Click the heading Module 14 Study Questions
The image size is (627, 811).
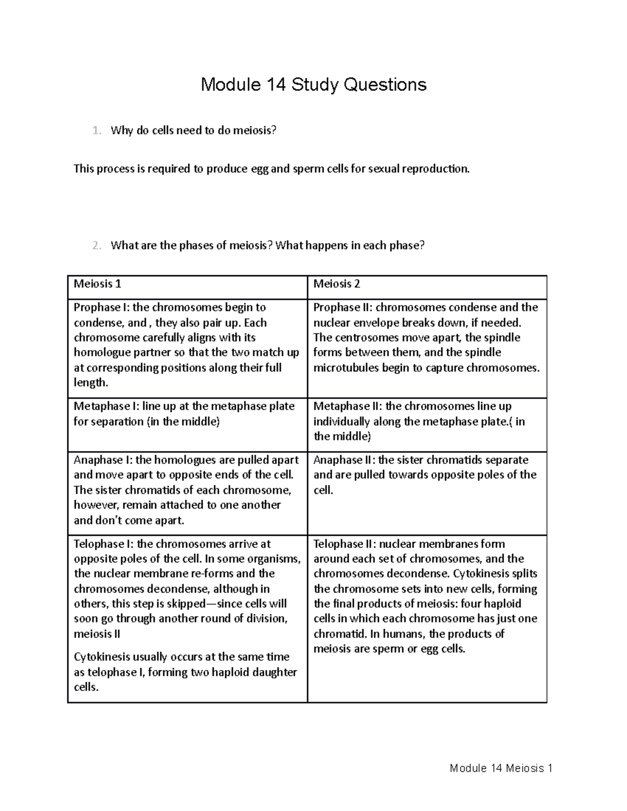point(313,84)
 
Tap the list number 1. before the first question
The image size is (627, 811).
point(96,131)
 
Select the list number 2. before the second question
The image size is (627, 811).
point(96,245)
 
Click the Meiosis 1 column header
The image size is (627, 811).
point(97,284)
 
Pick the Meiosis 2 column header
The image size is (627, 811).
point(336,284)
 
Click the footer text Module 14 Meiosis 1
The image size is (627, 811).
point(501,768)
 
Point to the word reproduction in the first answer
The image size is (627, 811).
point(438,169)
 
